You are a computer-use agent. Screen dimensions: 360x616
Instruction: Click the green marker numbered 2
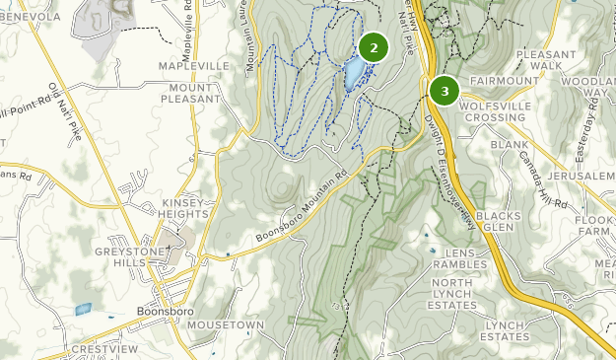point(374,47)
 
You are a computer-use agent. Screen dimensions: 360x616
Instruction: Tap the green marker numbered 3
point(445,91)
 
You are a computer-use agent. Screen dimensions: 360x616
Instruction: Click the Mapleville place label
point(195,67)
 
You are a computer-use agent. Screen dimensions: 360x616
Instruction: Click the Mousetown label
point(226,324)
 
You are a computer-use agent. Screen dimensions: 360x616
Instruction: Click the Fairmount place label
point(505,81)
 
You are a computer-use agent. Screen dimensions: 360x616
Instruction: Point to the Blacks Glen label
point(496,222)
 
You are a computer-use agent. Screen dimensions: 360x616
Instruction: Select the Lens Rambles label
point(459,257)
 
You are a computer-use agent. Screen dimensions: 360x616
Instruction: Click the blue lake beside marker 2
point(351,73)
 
